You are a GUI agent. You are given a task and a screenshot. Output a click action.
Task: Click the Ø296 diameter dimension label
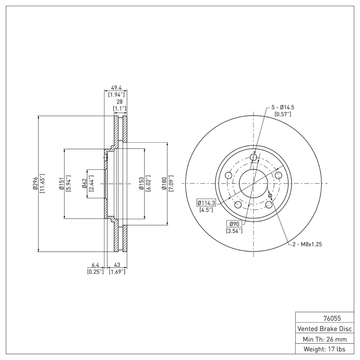[35, 184]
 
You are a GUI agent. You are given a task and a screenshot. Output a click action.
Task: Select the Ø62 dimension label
[84, 184]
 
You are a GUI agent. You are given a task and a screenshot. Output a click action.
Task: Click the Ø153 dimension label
[141, 184]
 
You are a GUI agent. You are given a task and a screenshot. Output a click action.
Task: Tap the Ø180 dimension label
[164, 184]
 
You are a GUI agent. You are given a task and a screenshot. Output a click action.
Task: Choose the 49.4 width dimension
[116, 88]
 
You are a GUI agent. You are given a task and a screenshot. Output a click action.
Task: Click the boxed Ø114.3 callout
[207, 203]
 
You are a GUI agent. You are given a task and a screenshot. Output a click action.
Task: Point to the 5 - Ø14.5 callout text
[283, 108]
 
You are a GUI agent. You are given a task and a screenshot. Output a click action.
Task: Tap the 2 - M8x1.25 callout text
[306, 244]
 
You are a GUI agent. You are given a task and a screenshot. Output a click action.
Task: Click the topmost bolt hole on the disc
[253, 157]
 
